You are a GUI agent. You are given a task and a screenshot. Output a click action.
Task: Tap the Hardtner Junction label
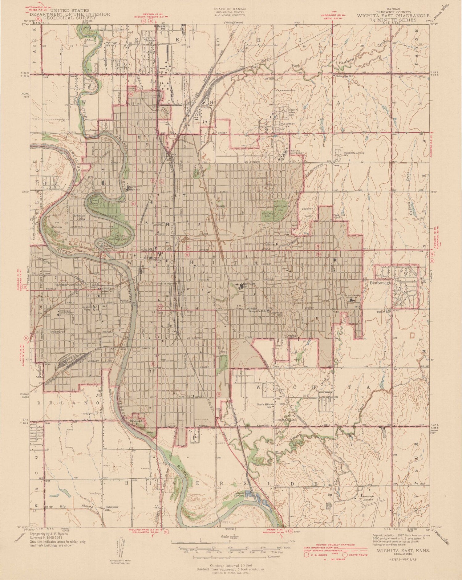click(68, 285)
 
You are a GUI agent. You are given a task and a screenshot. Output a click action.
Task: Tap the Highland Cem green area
click(267, 215)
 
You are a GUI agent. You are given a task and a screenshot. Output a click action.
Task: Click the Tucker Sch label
click(383, 312)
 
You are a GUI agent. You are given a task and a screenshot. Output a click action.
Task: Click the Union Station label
click(164, 284)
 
